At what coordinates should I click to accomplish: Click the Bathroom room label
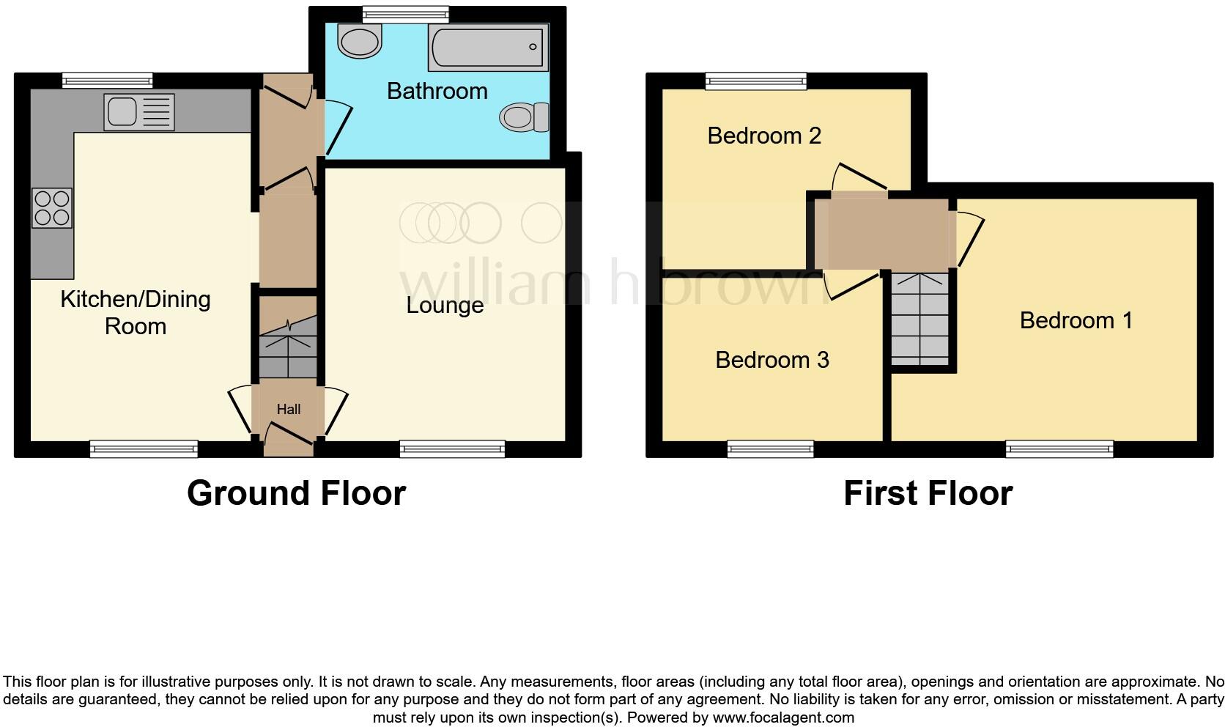pos(437,91)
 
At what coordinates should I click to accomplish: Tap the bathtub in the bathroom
pos(488,47)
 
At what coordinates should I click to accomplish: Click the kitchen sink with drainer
pos(139,112)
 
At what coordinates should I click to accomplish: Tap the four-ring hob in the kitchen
pos(52,208)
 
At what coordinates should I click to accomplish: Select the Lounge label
pos(445,305)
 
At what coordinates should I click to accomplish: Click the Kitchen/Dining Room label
pos(136,312)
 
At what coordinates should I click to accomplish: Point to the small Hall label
pos(289,409)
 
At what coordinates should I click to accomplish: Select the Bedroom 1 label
pos(1076,320)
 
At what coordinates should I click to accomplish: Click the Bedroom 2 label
pos(763,136)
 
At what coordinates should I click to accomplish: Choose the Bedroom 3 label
pos(771,360)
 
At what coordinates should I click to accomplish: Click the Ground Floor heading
pos(296,493)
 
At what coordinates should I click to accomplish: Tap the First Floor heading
pos(928,493)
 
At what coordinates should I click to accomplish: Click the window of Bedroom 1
pos(1059,449)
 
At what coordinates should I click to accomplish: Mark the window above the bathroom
pos(405,13)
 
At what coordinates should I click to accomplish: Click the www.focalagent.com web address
pos(782,717)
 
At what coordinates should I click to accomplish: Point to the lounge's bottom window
pos(452,449)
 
